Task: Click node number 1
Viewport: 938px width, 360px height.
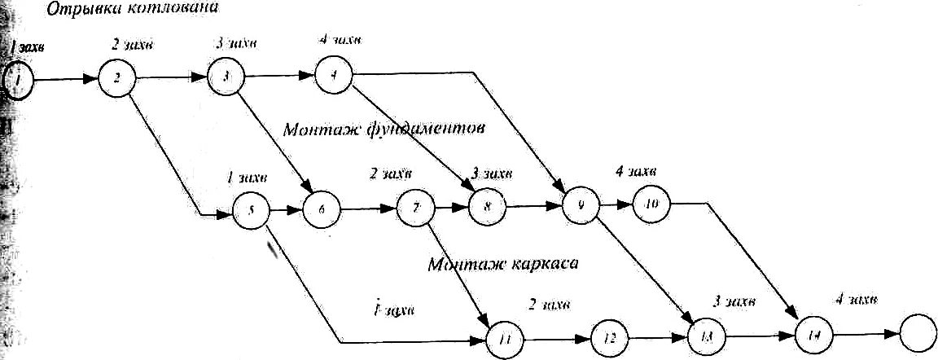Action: click(x=19, y=81)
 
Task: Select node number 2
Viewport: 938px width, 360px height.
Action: click(x=118, y=79)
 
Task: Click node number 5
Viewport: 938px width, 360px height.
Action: click(x=252, y=211)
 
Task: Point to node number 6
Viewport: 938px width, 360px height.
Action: click(x=322, y=210)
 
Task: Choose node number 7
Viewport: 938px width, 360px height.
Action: click(x=416, y=208)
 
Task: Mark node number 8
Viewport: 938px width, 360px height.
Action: click(x=486, y=207)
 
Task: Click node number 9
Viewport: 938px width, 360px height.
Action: click(x=580, y=206)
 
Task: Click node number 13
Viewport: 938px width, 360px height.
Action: click(x=705, y=335)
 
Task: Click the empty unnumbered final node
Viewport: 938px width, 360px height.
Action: click(x=918, y=331)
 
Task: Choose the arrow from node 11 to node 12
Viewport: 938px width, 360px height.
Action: click(x=556, y=336)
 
